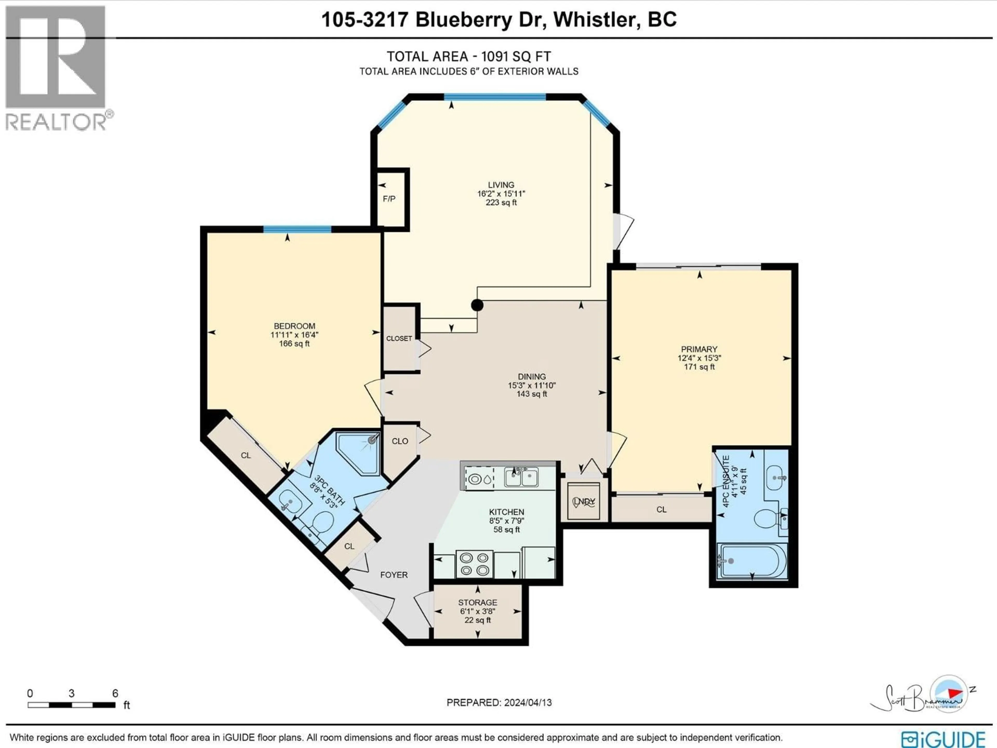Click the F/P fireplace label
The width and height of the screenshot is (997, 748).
389,199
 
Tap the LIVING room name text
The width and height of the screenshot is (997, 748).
501,185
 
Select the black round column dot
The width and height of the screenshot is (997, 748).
477,305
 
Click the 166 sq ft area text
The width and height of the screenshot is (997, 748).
294,344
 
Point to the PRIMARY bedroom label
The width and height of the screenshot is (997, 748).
699,349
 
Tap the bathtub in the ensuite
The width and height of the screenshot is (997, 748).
751,561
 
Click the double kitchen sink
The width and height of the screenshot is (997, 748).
521,477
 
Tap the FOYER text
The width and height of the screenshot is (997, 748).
394,575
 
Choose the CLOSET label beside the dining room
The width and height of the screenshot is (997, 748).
399,338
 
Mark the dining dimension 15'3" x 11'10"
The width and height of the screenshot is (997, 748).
531,385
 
